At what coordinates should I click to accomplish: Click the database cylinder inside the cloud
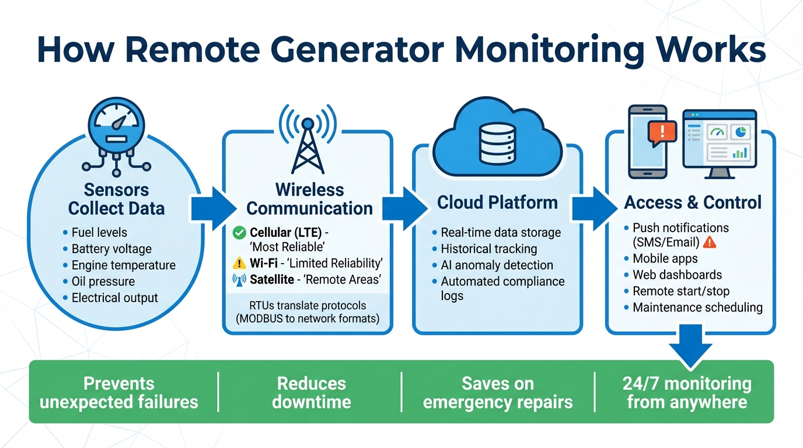coord(498,143)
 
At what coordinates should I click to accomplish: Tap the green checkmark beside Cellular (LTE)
coord(239,233)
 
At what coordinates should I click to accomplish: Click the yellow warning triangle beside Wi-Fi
coord(239,264)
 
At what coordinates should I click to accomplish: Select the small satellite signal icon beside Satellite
coord(239,280)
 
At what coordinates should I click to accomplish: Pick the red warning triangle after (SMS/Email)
coord(710,243)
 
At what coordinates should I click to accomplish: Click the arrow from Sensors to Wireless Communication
coord(214,209)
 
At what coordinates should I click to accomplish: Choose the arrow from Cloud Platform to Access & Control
coord(594,209)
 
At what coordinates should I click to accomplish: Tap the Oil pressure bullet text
coord(103,282)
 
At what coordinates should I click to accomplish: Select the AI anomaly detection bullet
coord(497,265)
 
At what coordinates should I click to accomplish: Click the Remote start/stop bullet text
coord(681,291)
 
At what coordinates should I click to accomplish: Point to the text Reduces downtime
coord(312,393)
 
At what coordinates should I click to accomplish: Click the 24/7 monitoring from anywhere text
coord(687,393)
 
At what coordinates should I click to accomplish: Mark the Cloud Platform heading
coord(497,202)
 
